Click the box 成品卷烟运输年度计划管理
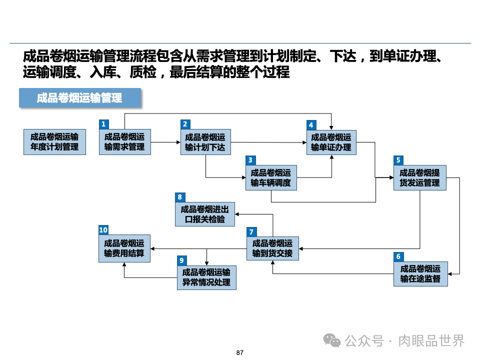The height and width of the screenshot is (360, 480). (x=54, y=142)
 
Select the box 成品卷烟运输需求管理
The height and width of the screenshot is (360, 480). (x=124, y=142)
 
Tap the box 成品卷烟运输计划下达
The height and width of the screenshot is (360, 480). (x=205, y=142)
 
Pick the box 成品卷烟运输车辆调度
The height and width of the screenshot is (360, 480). (x=271, y=177)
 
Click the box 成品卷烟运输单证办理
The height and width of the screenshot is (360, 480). (x=331, y=142)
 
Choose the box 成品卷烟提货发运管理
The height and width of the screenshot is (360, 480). (x=419, y=177)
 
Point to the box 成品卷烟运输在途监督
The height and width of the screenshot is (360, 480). (x=420, y=273)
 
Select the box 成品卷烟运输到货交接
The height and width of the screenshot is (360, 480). (x=272, y=248)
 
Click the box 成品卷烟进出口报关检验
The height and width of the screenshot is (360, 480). (x=205, y=214)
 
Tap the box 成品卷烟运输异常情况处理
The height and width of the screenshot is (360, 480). (x=206, y=277)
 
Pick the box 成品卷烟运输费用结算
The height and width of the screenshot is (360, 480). (x=124, y=248)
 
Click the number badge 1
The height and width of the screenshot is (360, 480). (x=103, y=124)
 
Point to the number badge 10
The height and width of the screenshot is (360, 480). (x=103, y=230)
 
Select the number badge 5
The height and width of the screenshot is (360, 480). (x=398, y=160)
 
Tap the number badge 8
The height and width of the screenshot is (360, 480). (x=180, y=197)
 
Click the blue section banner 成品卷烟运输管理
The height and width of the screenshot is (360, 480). (x=80, y=98)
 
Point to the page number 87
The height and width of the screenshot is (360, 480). (x=239, y=353)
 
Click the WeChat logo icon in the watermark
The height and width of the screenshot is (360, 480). (x=332, y=340)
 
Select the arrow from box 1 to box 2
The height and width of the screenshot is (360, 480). (x=165, y=142)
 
